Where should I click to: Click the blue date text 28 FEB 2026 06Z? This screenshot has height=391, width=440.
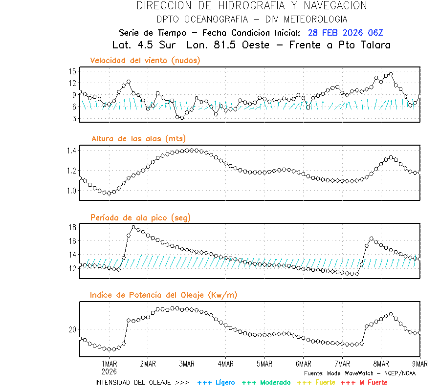pos(345,33)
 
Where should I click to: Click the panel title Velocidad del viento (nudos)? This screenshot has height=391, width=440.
pos(145,61)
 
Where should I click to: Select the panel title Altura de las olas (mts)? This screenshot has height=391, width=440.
pos(139,139)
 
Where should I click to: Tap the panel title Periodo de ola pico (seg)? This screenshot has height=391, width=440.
pos(140,217)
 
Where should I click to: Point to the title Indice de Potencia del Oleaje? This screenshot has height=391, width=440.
pos(164,295)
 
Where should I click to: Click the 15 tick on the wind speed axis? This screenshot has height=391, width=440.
pos(72,71)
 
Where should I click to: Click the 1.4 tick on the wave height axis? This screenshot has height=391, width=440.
pos(71,151)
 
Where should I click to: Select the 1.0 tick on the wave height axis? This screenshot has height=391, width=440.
pos(71,191)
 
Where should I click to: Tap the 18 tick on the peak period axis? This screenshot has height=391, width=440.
pos(72,227)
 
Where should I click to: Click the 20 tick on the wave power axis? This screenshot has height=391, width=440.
pos(72,330)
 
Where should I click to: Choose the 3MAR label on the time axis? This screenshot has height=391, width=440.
pos(187,364)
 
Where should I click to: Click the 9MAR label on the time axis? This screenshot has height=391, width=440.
pos(419,364)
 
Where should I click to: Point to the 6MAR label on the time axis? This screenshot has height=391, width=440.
pos(303,364)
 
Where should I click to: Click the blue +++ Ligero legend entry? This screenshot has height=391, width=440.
pos(216,382)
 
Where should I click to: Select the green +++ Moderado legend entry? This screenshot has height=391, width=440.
pos(263,382)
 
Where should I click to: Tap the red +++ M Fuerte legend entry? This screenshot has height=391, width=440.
pos(364,382)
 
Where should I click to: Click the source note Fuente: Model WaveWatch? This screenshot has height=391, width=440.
pos(359,373)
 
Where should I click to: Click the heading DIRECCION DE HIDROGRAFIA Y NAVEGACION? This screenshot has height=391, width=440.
pos(252,6)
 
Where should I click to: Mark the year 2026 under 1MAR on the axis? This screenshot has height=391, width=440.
pos(109,371)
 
